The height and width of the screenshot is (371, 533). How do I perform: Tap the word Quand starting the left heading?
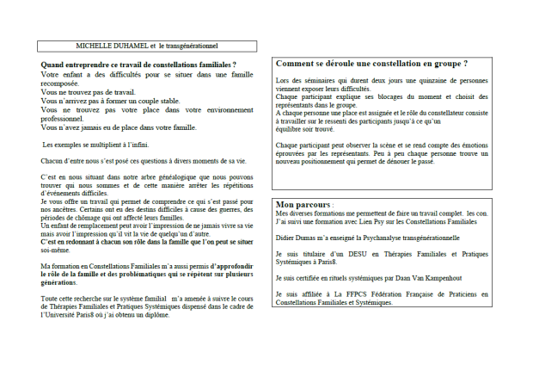point(54,65)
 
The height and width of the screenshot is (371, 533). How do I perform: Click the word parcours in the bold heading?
point(314,205)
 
